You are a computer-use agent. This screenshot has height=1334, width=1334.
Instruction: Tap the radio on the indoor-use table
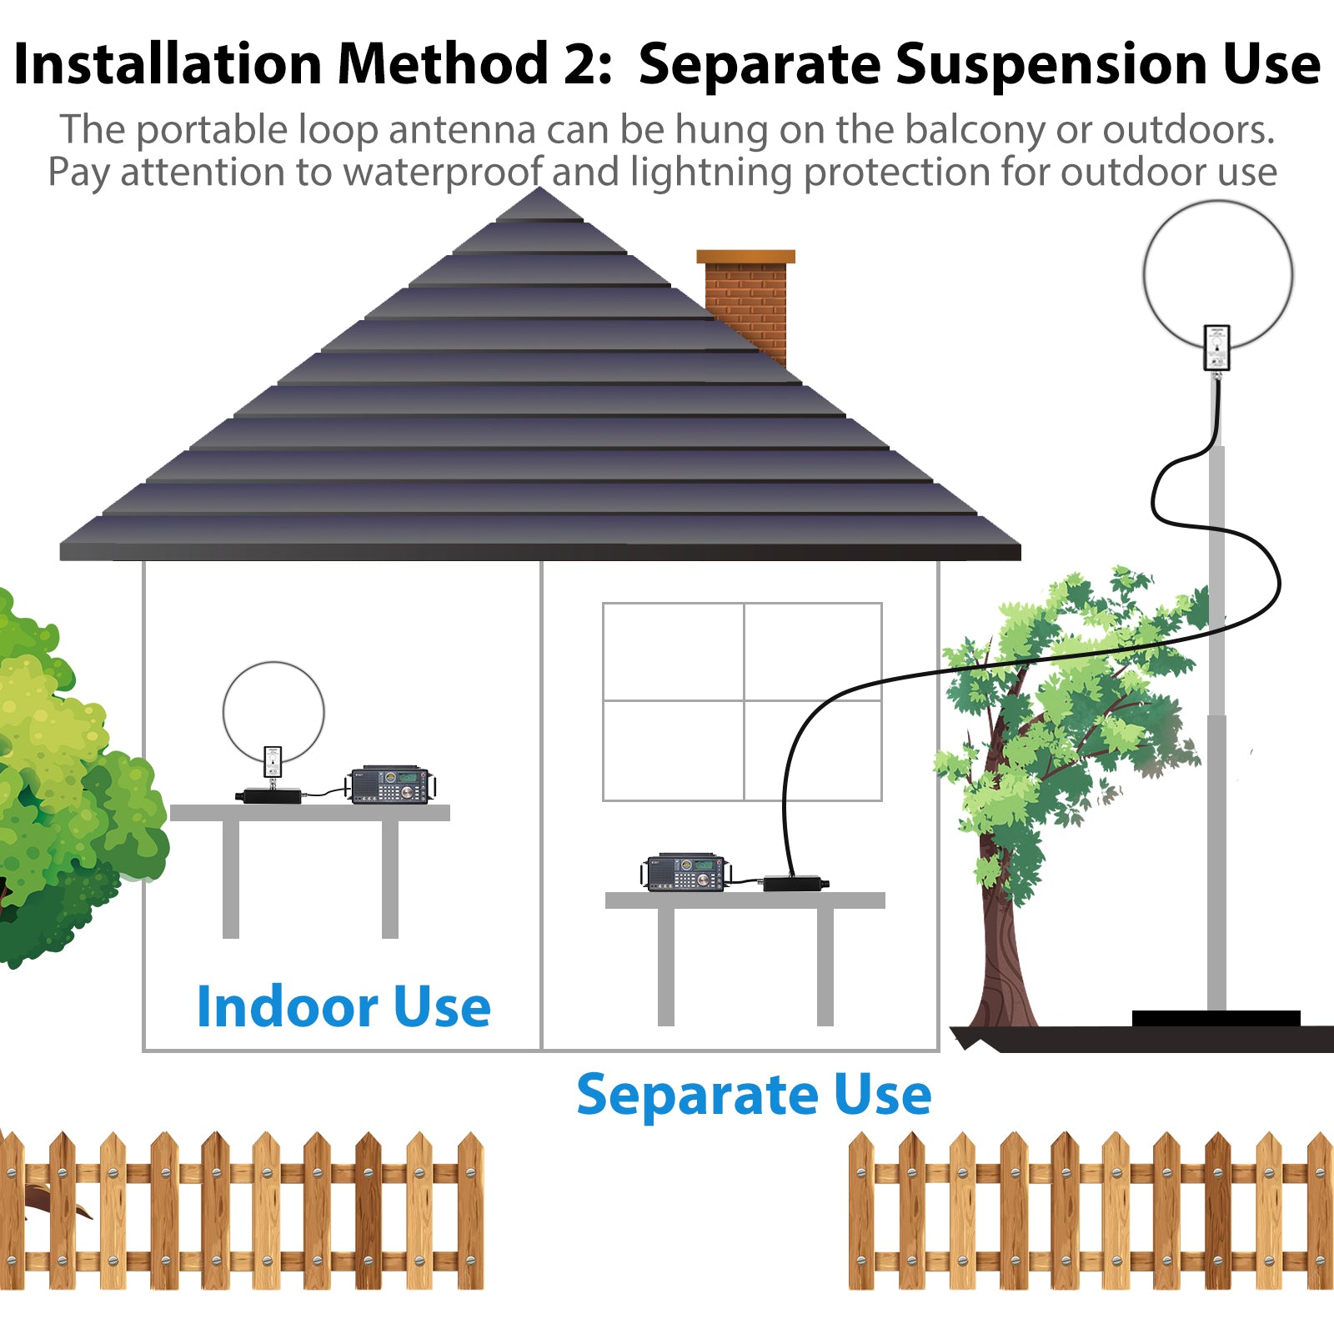[391, 785]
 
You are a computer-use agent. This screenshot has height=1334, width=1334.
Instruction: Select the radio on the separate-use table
[687, 873]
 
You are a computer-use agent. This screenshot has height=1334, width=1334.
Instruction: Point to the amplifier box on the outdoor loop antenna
[1217, 348]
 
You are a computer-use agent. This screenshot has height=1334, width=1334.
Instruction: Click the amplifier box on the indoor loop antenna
[273, 762]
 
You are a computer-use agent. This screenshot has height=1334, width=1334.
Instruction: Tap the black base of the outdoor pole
[1216, 1019]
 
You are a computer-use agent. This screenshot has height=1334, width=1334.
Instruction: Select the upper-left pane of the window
[673, 652]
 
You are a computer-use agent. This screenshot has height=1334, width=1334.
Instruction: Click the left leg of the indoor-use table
[231, 880]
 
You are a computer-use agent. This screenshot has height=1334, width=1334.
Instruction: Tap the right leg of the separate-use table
[825, 967]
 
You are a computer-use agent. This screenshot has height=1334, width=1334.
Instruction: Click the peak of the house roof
[540, 188]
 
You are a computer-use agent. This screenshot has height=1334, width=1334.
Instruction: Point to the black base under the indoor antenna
[270, 795]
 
